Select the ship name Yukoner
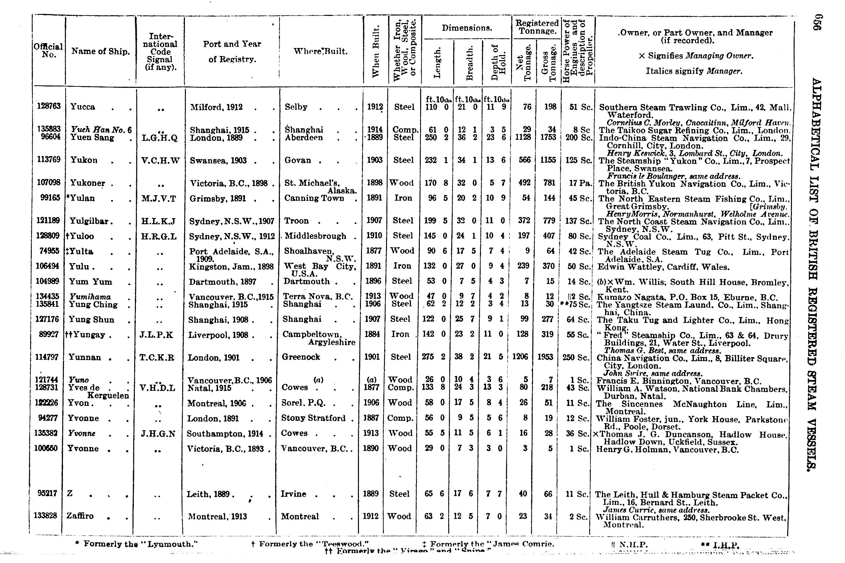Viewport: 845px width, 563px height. (x=87, y=183)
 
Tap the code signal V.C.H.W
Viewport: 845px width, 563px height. (x=160, y=160)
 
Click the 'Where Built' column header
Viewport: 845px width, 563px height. (x=320, y=51)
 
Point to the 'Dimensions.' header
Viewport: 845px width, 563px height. (x=467, y=28)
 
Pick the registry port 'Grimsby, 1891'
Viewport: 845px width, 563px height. (x=218, y=199)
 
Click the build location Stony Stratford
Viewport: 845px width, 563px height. (x=313, y=418)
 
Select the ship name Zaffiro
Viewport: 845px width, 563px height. (x=80, y=516)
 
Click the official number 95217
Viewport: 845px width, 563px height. (x=47, y=493)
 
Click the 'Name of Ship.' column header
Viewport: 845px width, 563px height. (x=100, y=51)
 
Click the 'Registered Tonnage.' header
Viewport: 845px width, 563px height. (x=537, y=27)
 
